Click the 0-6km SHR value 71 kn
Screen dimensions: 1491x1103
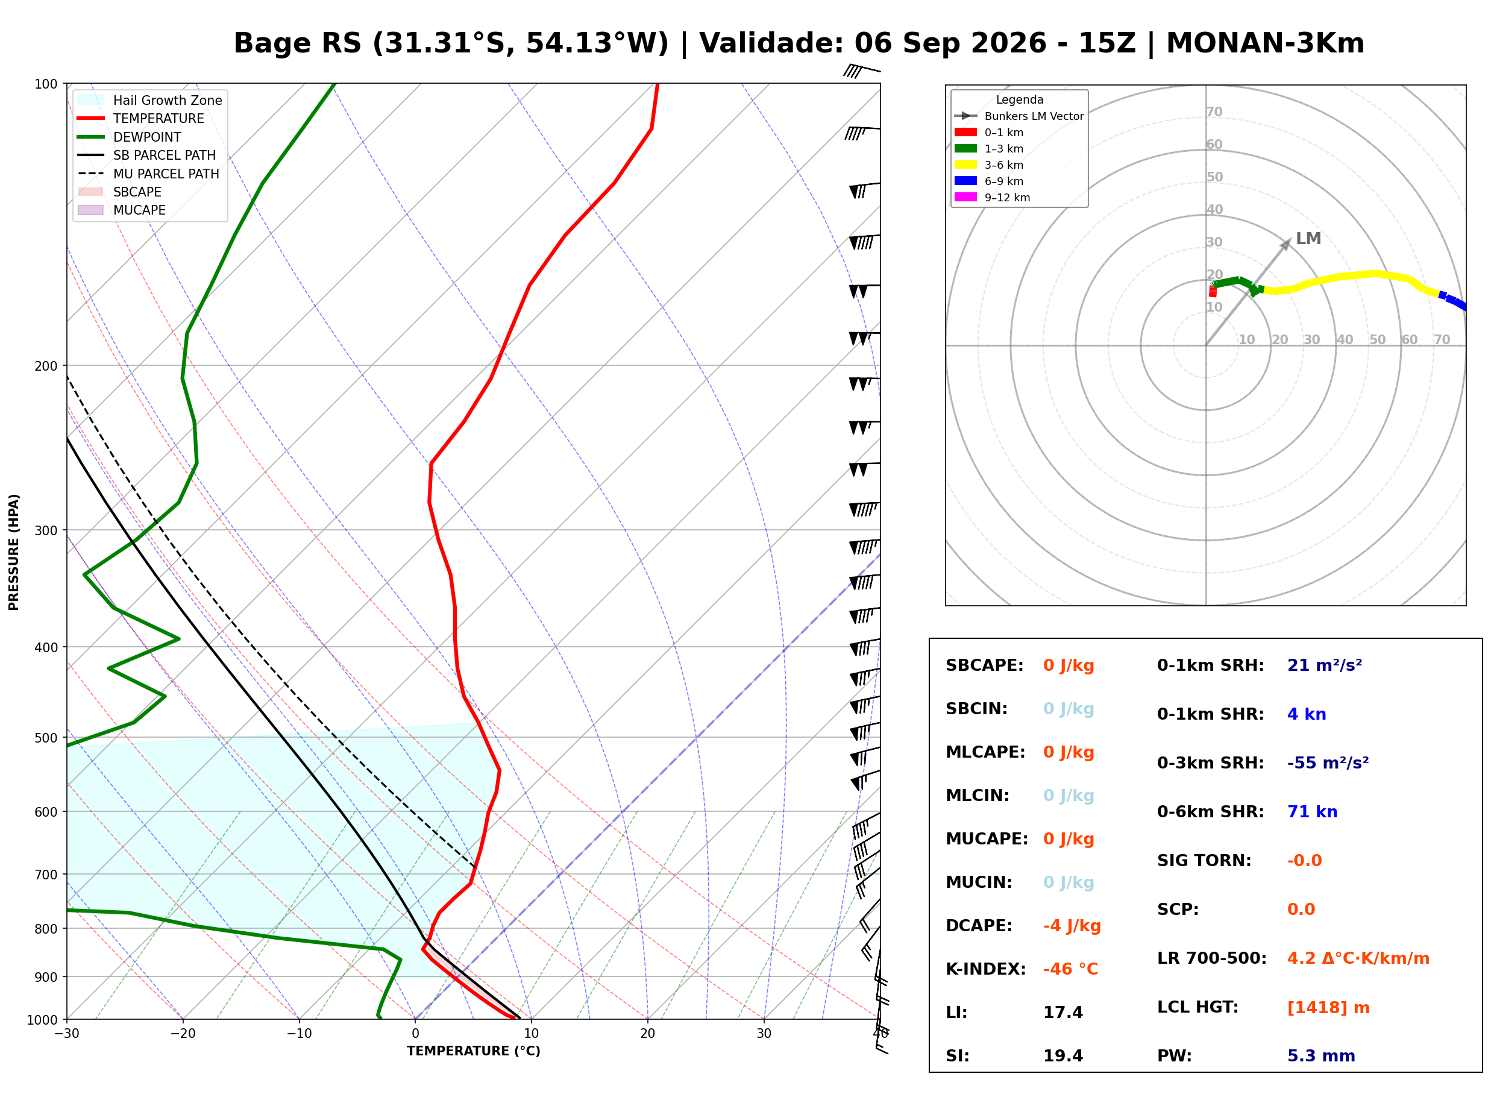point(1312,812)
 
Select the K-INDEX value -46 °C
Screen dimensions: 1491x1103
point(1070,969)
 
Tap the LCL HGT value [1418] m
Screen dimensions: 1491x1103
point(1328,1008)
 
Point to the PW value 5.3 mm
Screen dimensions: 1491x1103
point(1321,1056)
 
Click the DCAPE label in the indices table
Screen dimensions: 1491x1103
point(978,925)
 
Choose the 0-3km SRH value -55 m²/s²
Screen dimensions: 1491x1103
point(1328,762)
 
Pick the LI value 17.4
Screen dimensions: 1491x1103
point(1063,1013)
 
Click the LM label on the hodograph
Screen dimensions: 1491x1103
point(1308,238)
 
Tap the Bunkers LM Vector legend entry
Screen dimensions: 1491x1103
point(1019,116)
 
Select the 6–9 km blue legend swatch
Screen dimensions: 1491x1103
point(965,181)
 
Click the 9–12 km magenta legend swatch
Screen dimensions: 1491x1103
point(965,197)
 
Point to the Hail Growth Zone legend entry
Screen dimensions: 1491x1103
point(150,100)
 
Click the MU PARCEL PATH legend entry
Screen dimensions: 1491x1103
point(148,174)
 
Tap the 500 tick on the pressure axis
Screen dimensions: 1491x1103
point(46,738)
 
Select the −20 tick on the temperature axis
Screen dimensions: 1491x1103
point(182,1034)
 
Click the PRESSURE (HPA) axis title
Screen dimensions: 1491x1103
point(14,551)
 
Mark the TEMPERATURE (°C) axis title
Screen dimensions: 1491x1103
point(473,1051)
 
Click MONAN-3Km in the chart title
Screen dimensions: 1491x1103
point(1265,43)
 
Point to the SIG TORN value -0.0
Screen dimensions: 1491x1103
point(1304,861)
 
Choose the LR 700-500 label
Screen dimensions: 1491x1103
point(1211,959)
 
